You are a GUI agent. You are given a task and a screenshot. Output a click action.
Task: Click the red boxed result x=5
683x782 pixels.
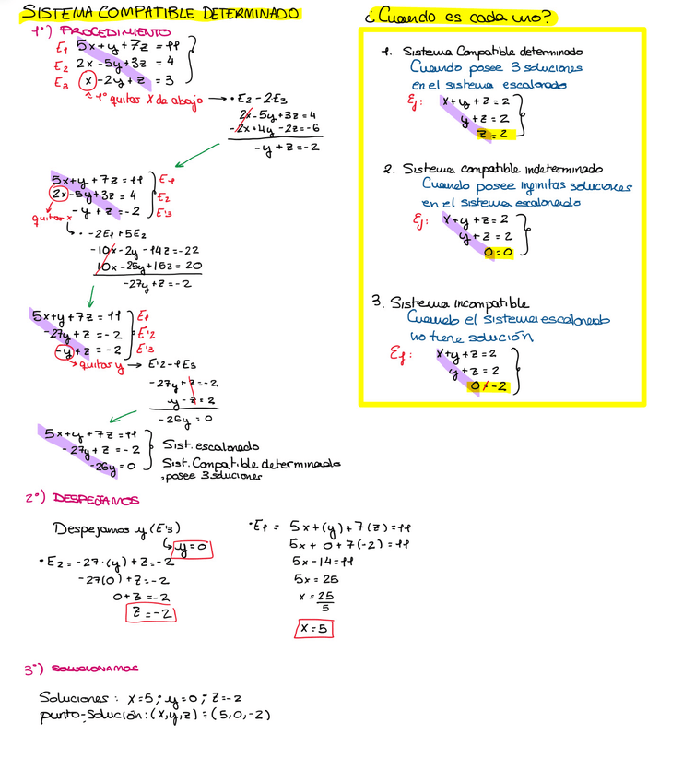(x=313, y=629)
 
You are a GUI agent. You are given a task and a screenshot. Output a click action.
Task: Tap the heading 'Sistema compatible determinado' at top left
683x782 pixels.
(x=160, y=14)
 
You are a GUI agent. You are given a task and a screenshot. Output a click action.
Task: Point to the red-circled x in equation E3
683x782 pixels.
(x=86, y=81)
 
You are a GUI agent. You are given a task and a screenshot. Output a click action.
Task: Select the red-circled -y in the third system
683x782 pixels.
(x=64, y=350)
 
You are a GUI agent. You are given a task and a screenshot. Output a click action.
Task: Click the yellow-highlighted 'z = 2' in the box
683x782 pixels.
(x=495, y=135)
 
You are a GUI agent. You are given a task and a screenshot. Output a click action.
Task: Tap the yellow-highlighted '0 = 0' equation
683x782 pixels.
(x=498, y=251)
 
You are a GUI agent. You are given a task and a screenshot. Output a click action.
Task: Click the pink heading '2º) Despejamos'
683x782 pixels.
(x=82, y=499)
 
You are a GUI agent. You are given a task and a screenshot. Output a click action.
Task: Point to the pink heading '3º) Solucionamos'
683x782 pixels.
(x=82, y=668)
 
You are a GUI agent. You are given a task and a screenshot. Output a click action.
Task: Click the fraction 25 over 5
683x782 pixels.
(x=324, y=601)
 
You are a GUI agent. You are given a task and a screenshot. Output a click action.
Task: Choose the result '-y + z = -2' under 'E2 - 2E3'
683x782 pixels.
(x=286, y=147)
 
